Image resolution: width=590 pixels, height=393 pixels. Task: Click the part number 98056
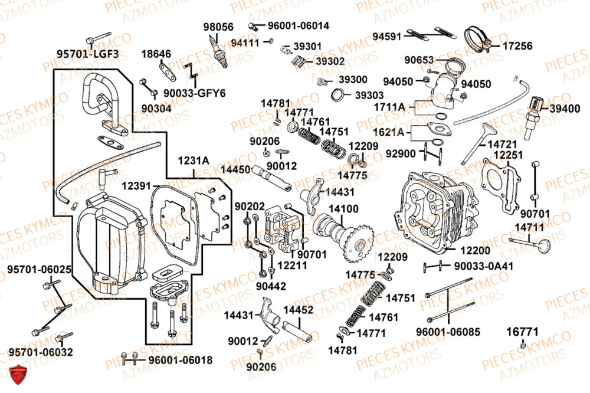pos(218,27)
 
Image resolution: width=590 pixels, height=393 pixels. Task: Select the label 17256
pos(517,46)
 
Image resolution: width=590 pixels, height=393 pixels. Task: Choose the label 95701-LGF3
pos(88,54)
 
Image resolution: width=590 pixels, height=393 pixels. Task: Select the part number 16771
pos(522,332)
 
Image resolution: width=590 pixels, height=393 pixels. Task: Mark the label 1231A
pos(194,161)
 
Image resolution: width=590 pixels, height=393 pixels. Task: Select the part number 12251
pos(508,155)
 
